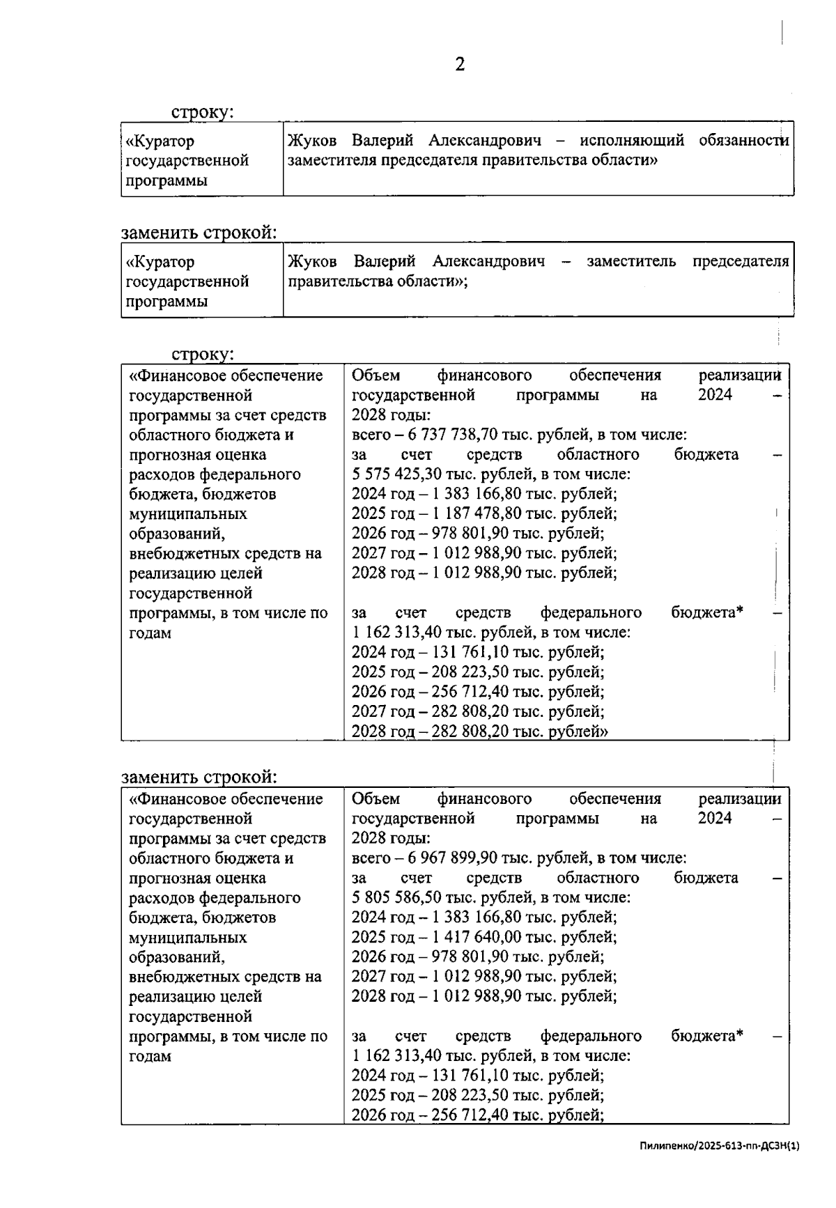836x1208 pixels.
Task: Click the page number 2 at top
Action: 460,65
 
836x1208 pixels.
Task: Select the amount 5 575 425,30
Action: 393,474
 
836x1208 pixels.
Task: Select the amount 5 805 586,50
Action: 393,898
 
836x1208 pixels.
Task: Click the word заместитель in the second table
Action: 630,262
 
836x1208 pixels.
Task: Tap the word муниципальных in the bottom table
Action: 188,938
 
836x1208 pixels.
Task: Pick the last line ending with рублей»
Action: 479,731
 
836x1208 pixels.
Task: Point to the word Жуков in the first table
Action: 312,141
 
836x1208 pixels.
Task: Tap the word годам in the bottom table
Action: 150,1056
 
